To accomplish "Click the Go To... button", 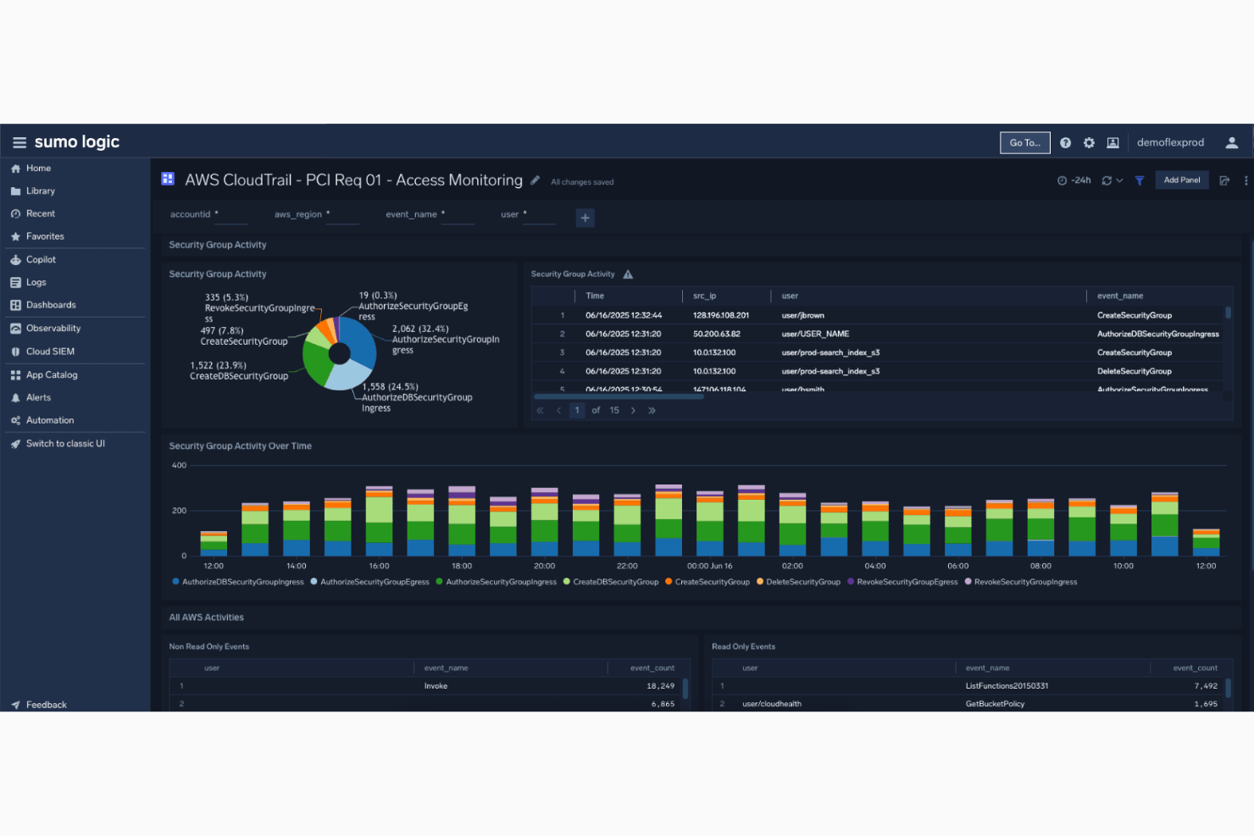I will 1024,143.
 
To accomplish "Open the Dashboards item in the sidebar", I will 51,305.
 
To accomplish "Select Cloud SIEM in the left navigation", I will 50,352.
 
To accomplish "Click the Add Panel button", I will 1181,180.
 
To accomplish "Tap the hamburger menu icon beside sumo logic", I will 19,142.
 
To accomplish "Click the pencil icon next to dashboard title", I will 535,180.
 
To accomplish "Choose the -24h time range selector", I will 1074,180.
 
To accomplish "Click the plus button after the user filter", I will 585,218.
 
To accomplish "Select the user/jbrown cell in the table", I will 802,315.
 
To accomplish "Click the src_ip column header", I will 704,296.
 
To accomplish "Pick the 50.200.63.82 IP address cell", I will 716,334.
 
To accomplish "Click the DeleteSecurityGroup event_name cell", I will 1134,371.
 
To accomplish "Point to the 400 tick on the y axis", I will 179,465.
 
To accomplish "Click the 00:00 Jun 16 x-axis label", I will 709,566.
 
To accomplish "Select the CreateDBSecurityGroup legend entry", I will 615,582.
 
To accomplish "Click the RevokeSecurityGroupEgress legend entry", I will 907,582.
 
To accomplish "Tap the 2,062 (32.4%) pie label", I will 420,329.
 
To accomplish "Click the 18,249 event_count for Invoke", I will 660,686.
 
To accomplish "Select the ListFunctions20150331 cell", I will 1007,686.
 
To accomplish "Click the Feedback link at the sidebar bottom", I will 46,705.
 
